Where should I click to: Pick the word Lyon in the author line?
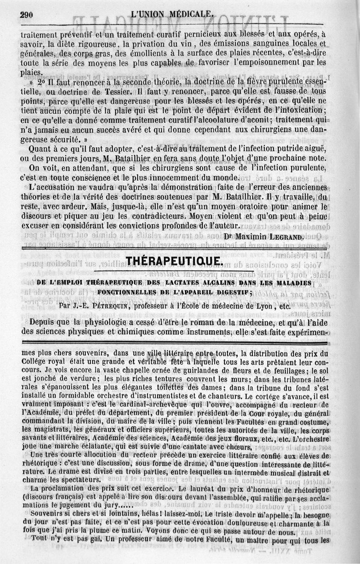pyautogui.click(x=263, y=304)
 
